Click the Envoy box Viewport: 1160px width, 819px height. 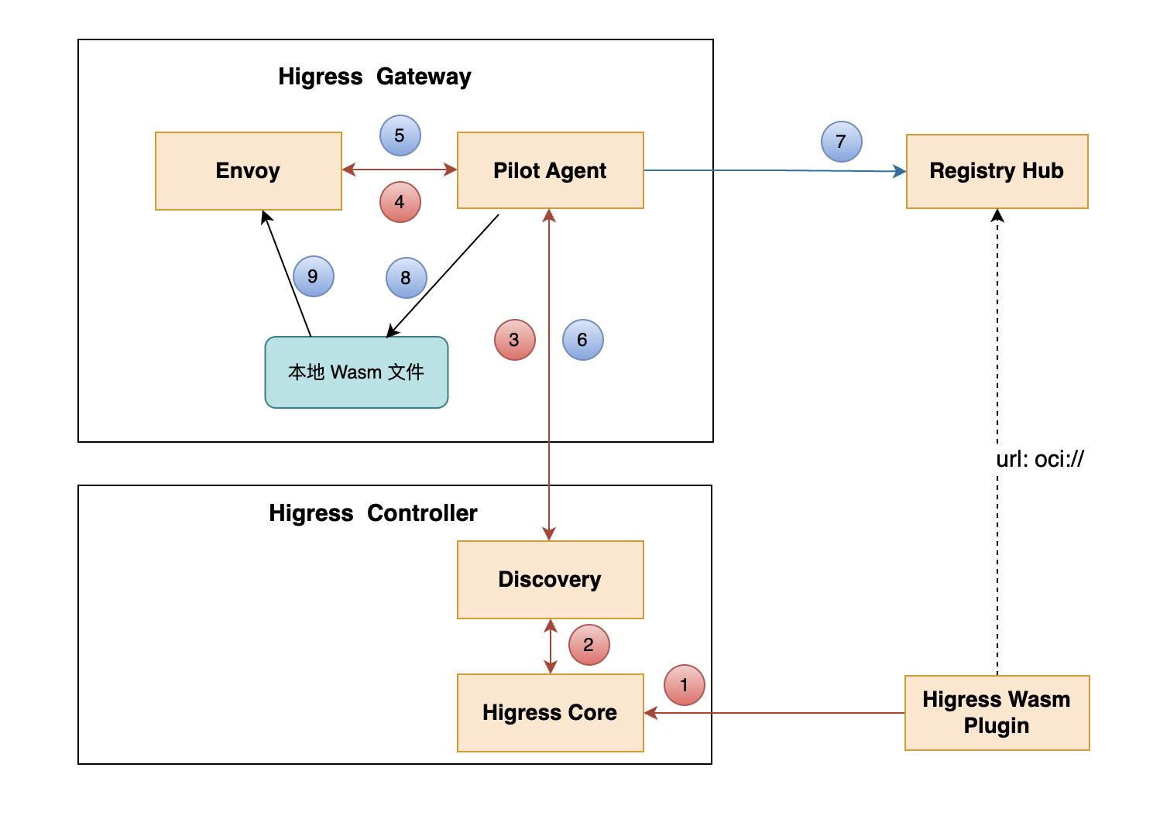tap(248, 170)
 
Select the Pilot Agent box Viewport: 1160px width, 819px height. tap(550, 170)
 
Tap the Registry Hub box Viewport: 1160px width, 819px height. tap(997, 171)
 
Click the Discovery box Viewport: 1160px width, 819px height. tap(550, 579)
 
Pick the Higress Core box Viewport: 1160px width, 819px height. tap(550, 712)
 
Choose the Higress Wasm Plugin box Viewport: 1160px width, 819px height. tap(997, 712)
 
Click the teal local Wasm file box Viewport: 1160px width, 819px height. tap(356, 372)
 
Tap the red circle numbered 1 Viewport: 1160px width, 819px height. tap(685, 685)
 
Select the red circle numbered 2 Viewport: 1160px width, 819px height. tap(589, 645)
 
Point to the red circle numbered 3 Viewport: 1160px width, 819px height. tap(514, 340)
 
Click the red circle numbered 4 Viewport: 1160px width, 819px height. tap(400, 202)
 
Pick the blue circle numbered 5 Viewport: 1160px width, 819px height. tap(400, 135)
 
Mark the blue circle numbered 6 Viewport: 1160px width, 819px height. tap(582, 340)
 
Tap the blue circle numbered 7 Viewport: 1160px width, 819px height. tap(841, 142)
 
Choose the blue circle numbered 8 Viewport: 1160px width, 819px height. tap(406, 278)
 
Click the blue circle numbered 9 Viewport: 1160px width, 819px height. tap(313, 276)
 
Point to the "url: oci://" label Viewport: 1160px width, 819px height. tap(1039, 459)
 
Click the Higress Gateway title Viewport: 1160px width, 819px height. tap(374, 77)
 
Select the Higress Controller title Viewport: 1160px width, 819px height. tap(372, 513)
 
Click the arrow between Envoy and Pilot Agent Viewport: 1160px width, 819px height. tap(400, 170)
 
